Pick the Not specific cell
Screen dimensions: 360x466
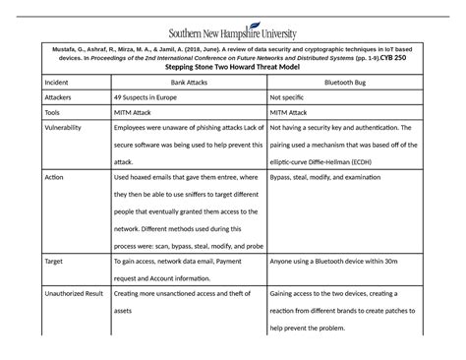pos(295,100)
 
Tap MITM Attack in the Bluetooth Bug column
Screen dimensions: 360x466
pos(298,114)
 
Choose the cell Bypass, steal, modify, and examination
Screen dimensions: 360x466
pos(343,176)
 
